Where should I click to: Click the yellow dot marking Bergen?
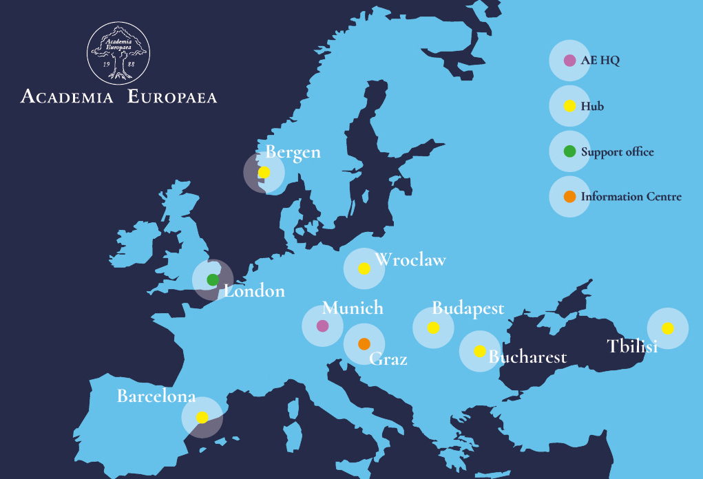pyautogui.click(x=264, y=172)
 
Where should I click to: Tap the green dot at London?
pyautogui.click(x=213, y=279)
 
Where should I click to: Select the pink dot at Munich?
pyautogui.click(x=322, y=326)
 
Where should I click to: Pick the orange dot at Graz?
pyautogui.click(x=364, y=343)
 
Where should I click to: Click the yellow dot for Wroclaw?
pyautogui.click(x=364, y=268)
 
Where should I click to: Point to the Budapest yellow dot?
pyautogui.click(x=433, y=328)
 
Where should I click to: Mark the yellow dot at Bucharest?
pyautogui.click(x=480, y=351)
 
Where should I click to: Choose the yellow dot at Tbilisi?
pyautogui.click(x=668, y=328)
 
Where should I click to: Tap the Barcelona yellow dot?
pyautogui.click(x=202, y=417)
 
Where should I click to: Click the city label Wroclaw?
pyautogui.click(x=410, y=260)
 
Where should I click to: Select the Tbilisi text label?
pyautogui.click(x=632, y=346)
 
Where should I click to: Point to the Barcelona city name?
pyautogui.click(x=156, y=396)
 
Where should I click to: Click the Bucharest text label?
pyautogui.click(x=527, y=356)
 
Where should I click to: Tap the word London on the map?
pyautogui.click(x=255, y=291)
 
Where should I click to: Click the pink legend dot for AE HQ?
pyautogui.click(x=569, y=61)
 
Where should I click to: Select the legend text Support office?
pyautogui.click(x=617, y=152)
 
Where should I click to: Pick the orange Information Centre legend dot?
pyautogui.click(x=569, y=197)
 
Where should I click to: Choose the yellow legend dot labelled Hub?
pyautogui.click(x=569, y=107)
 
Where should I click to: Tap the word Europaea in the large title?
pyautogui.click(x=172, y=96)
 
